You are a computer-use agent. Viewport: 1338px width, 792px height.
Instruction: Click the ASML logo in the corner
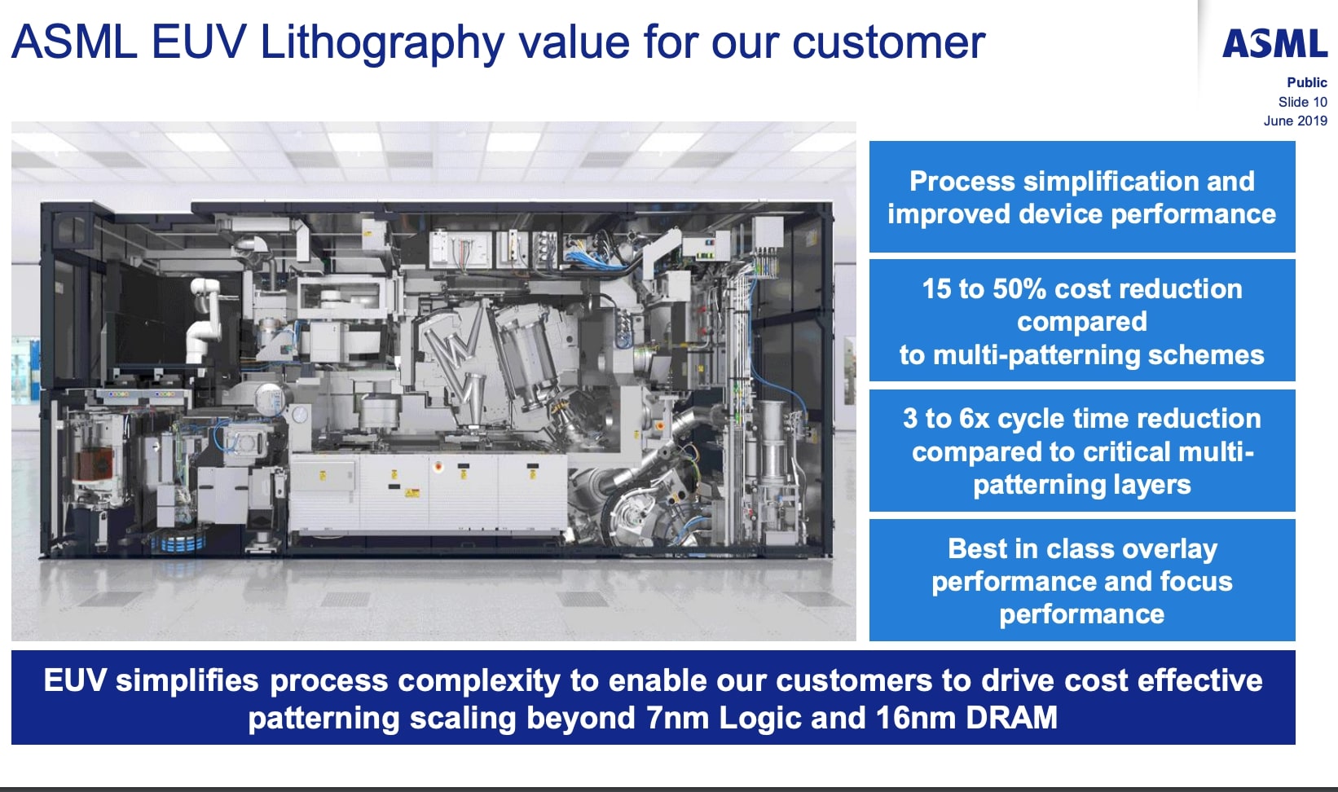point(1274,44)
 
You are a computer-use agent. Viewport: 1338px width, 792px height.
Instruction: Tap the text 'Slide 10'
point(1302,102)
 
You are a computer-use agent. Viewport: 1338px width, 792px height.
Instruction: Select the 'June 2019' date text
point(1295,121)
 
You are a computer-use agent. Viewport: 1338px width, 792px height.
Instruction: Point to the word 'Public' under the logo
point(1306,82)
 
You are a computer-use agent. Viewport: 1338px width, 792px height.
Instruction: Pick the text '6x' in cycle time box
point(974,419)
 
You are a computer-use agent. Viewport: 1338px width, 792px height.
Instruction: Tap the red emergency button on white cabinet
point(438,468)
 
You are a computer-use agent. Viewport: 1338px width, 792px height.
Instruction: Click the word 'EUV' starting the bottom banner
point(74,681)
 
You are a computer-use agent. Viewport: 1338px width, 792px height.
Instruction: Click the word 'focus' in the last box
point(1196,582)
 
